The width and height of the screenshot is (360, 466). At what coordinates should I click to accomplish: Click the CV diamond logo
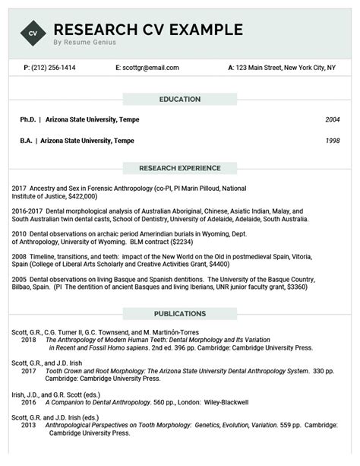click(31, 33)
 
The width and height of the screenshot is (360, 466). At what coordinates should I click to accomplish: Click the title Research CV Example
click(148, 30)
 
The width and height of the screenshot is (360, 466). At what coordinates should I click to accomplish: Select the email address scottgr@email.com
click(150, 68)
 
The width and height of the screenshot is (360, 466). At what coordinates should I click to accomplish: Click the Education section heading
click(179, 100)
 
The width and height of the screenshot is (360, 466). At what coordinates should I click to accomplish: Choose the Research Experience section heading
click(179, 168)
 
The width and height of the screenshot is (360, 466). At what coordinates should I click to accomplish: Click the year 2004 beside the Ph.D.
click(332, 119)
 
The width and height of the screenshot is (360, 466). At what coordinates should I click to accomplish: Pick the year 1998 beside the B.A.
click(332, 140)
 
